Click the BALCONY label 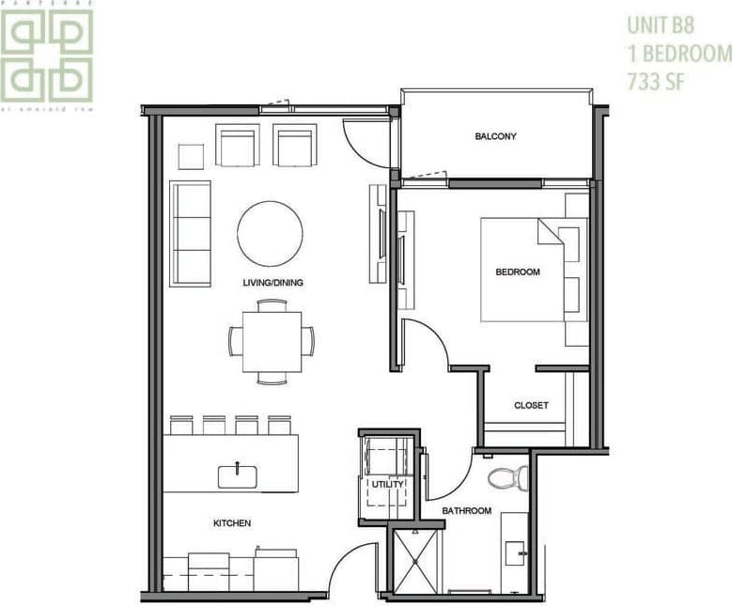click(495, 137)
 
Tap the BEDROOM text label click(518, 272)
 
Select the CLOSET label click(531, 406)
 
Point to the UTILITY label click(388, 485)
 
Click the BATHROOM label click(467, 511)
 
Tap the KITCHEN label click(231, 523)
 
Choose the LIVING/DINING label click(273, 282)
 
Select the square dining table click(272, 341)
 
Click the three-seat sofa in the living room click(190, 234)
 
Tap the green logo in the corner click(47, 55)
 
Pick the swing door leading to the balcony click(366, 141)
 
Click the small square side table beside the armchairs click(191, 155)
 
